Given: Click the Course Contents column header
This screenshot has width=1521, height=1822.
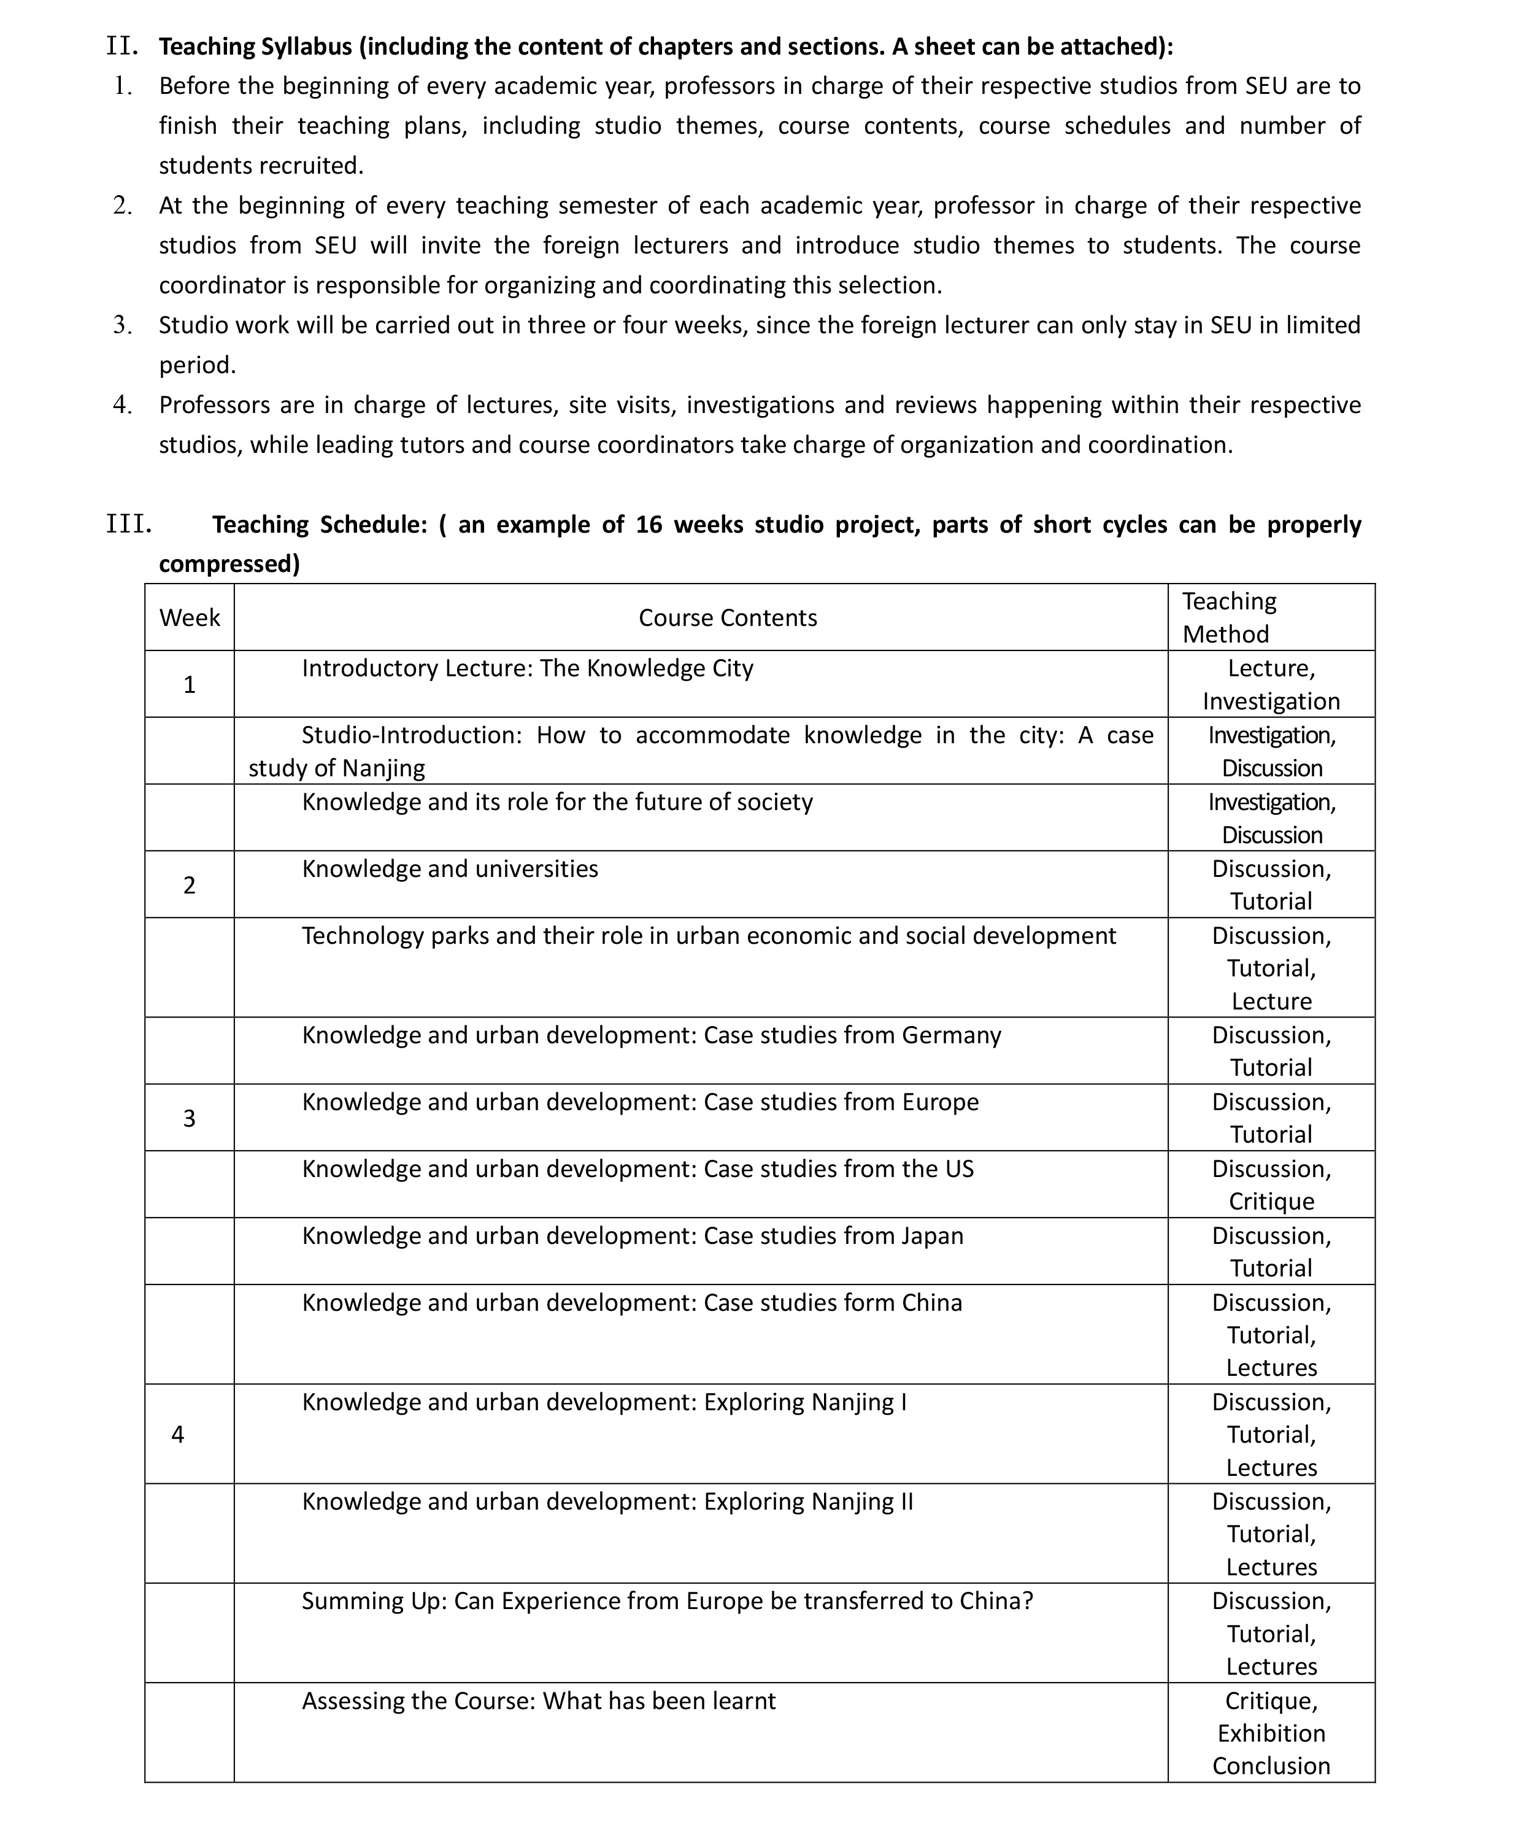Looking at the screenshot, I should click(x=727, y=618).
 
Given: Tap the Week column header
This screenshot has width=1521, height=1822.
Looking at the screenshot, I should click(x=189, y=618).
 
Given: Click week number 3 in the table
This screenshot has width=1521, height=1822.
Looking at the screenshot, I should click(x=189, y=1118).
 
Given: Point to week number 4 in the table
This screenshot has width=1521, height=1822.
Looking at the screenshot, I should click(x=178, y=1434).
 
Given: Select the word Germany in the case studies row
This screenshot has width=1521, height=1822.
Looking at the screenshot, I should click(x=951, y=1035).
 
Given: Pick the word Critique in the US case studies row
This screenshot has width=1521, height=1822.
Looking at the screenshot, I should click(x=1271, y=1201).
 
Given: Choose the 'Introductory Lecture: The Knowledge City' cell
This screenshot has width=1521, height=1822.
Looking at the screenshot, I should click(x=528, y=668).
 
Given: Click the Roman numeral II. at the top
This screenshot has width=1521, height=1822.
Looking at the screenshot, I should click(x=122, y=46).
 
